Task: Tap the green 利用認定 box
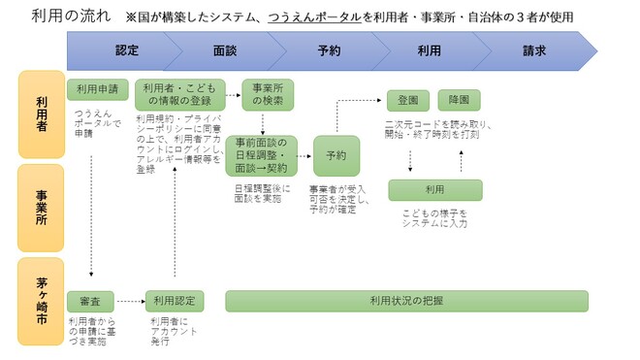coord(175,301)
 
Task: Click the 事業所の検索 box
coord(266,94)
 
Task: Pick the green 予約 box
coord(336,155)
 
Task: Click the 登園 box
coord(408,100)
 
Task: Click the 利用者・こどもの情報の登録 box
coord(179,95)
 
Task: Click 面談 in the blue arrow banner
coord(225,50)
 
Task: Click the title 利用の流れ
coord(64,16)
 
